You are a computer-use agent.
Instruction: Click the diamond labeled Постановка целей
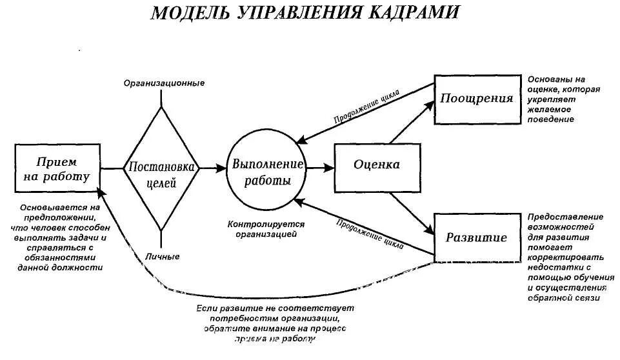pos(162,168)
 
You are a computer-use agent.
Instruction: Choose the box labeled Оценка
pos(376,166)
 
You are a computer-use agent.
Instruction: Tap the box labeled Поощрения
pos(477,99)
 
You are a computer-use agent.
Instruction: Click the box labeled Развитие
pos(476,237)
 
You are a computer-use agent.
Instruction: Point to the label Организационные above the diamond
pos(165,83)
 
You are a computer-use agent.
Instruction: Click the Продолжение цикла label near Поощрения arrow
pos(366,106)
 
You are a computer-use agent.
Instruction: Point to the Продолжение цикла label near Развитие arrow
pos(370,233)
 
